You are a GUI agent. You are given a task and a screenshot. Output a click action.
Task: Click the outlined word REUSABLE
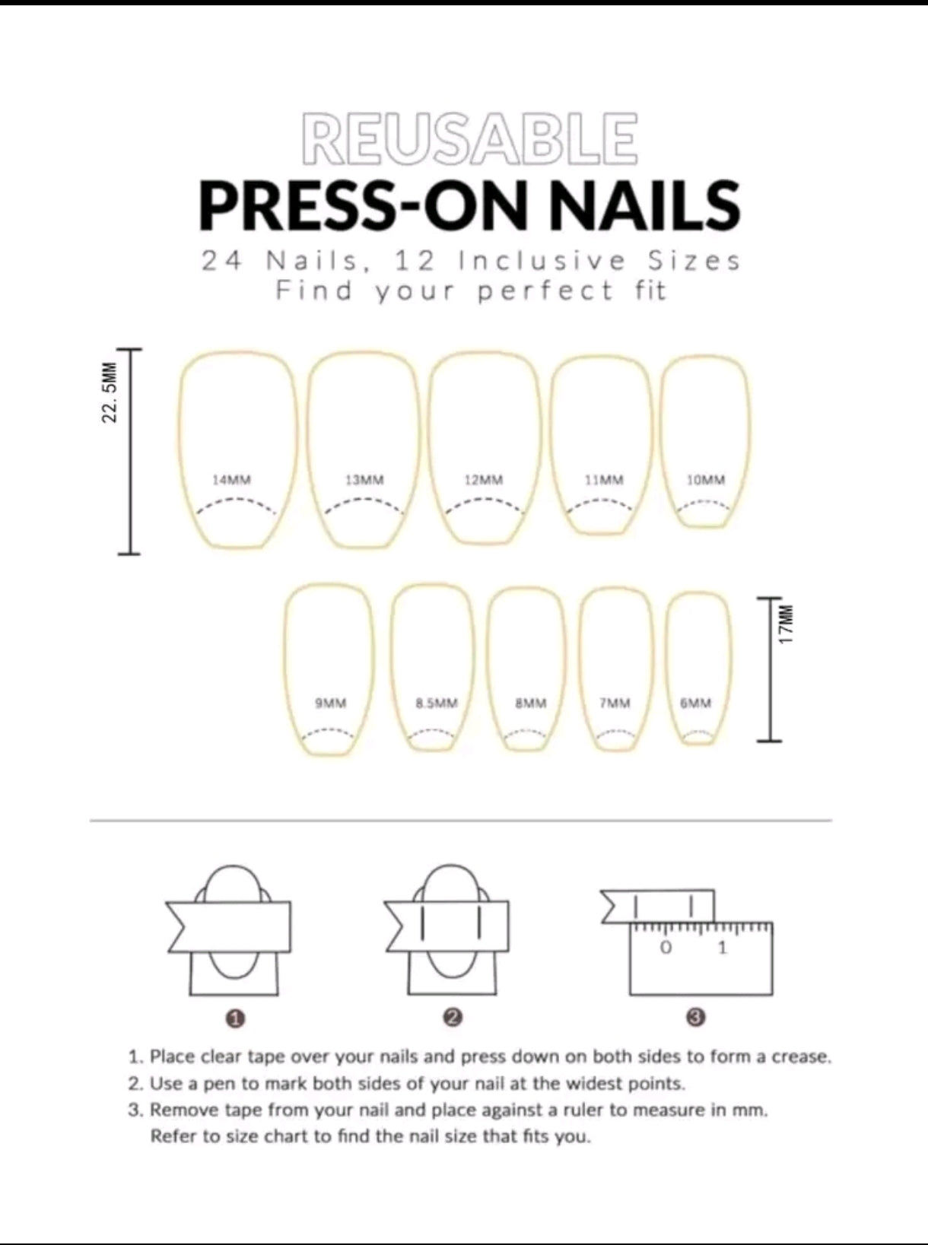(469, 139)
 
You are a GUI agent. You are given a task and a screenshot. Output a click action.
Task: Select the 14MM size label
(232, 480)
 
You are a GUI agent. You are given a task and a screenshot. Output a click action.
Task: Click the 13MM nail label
(364, 480)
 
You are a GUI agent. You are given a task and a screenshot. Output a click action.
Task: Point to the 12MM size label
(484, 480)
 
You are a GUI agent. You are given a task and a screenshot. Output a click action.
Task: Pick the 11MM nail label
(604, 480)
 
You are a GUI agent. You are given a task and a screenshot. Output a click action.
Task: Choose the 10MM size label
(706, 480)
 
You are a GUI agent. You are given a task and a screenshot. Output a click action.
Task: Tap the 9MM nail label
(331, 703)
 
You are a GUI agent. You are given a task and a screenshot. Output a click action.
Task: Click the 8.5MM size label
(436, 703)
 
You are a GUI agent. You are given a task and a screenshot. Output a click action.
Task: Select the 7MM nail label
(615, 703)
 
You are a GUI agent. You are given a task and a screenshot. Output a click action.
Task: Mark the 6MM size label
(695, 703)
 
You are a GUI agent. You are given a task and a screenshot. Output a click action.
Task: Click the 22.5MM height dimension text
(110, 392)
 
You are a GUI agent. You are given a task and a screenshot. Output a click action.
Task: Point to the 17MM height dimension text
(785, 624)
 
